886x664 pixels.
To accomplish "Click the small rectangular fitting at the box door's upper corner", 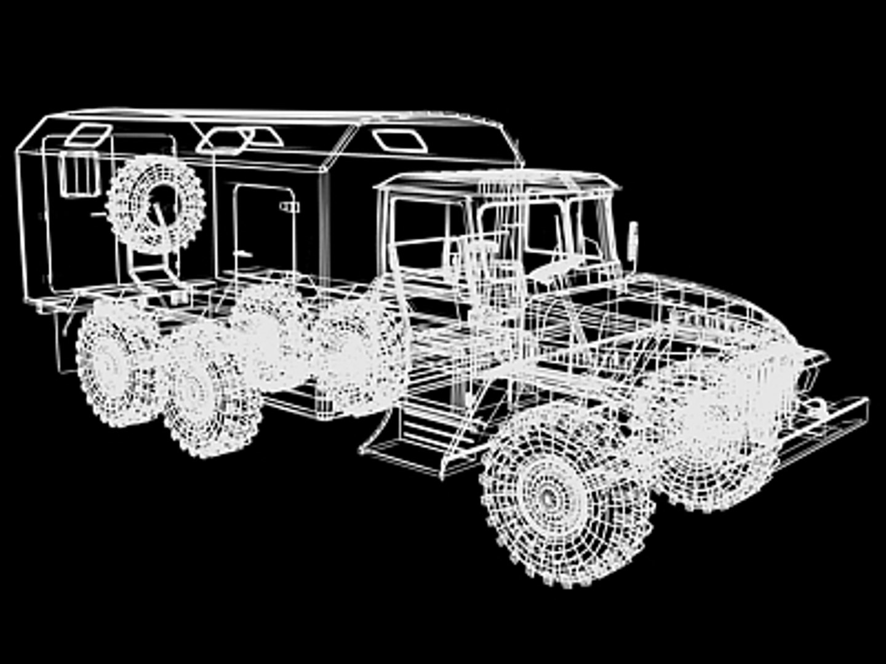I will point(288,206).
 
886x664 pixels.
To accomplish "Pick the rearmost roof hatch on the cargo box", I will point(88,135).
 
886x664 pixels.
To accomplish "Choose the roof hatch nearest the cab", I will point(400,141).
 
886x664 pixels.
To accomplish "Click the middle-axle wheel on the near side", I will point(203,393).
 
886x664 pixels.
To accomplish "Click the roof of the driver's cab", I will point(498,180).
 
